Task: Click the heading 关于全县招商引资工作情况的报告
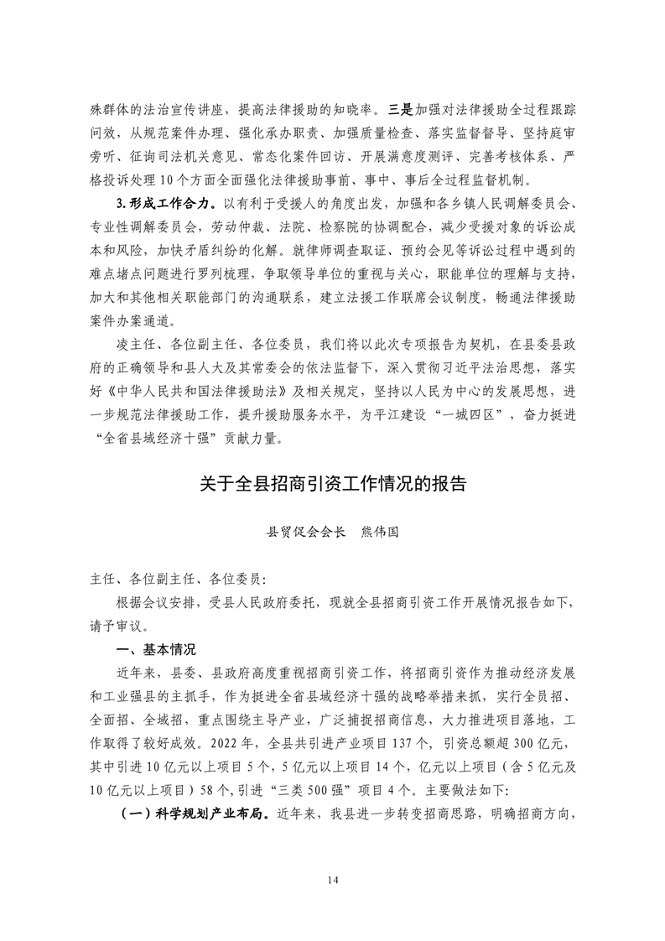[332, 484]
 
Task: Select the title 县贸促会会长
[300, 532]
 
